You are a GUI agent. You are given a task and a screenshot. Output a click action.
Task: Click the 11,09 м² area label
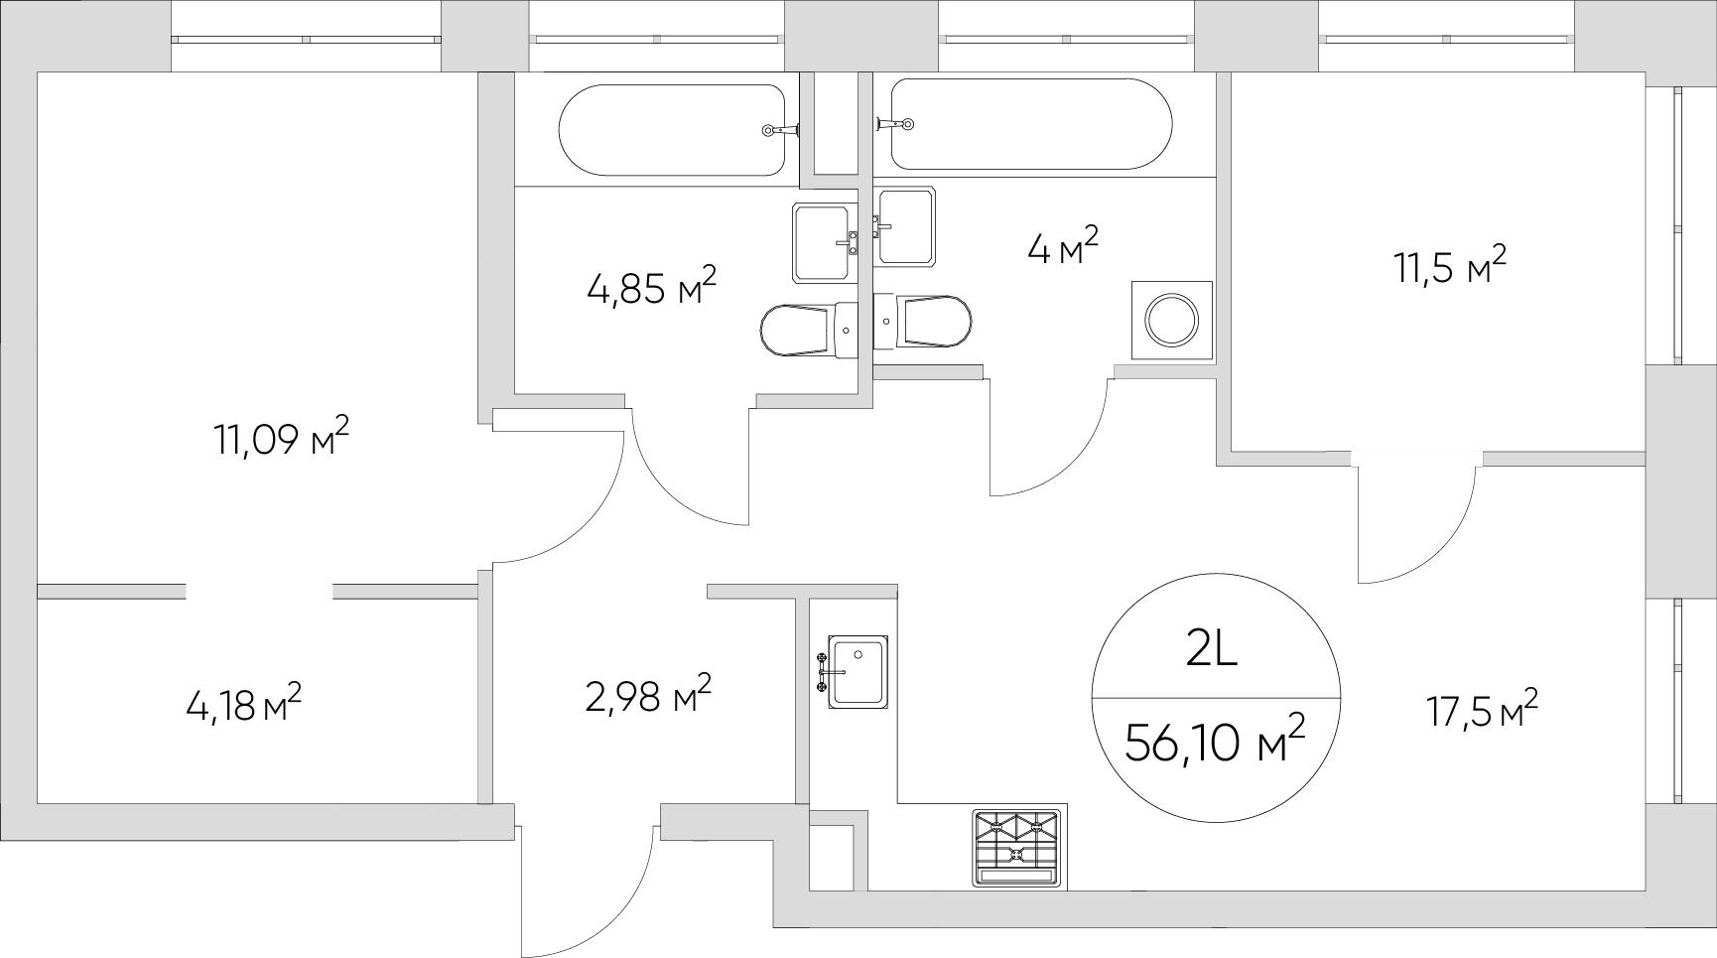tap(281, 438)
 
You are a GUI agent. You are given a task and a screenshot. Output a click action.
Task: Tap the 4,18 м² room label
tap(243, 706)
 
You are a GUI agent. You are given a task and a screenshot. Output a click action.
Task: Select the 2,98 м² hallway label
tap(648, 696)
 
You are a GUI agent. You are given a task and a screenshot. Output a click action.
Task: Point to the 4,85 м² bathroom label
tap(651, 289)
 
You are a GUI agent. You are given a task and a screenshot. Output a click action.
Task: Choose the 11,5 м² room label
tap(1451, 267)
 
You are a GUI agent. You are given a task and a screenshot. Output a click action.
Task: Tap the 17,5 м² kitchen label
tap(1483, 711)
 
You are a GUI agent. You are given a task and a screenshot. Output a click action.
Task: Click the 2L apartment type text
tap(1212, 650)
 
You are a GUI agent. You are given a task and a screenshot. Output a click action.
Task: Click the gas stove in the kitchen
tap(1017, 848)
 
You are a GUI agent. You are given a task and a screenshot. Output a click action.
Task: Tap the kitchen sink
tap(856, 672)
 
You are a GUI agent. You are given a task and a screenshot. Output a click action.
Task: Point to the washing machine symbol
tap(1173, 320)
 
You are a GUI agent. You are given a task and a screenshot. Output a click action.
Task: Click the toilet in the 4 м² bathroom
tap(923, 321)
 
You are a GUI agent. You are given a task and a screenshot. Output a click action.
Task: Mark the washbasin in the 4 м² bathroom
tap(903, 226)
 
